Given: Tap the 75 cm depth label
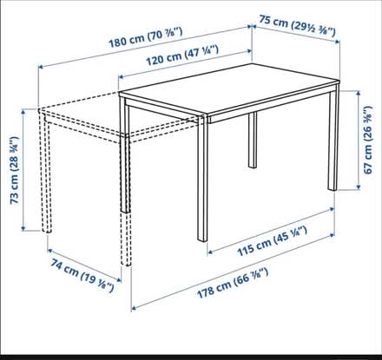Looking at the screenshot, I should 305,23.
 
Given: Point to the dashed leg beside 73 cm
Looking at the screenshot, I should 44,173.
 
